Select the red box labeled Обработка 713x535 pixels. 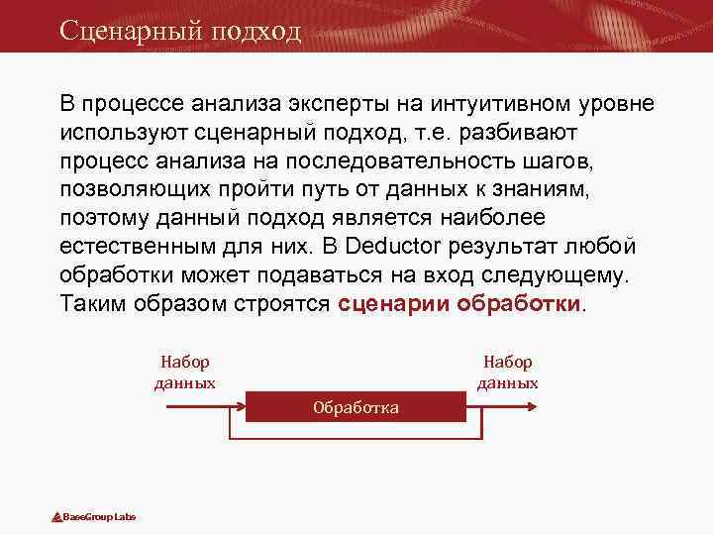pos(356,407)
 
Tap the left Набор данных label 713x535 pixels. pos(185,373)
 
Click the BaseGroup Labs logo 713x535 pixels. pos(94,517)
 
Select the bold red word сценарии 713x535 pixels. pos(394,303)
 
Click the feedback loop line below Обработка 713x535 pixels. pos(356,438)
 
